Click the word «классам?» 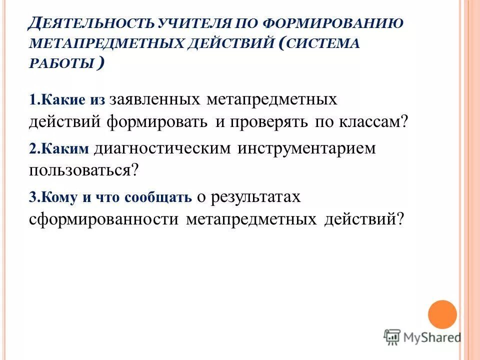(x=371, y=122)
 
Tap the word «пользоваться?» (x=83, y=170)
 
